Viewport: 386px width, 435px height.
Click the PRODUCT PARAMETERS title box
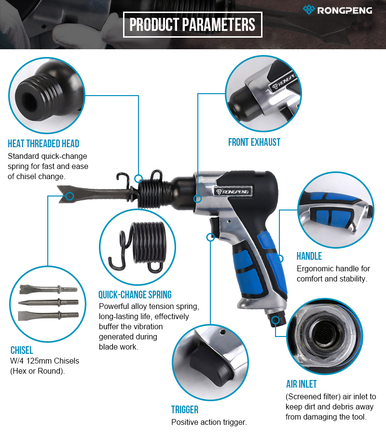(x=193, y=25)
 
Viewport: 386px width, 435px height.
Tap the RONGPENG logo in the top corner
(x=337, y=10)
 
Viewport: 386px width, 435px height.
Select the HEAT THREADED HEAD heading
(x=43, y=144)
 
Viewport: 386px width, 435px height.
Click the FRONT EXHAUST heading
(x=254, y=142)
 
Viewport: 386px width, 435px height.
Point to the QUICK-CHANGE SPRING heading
(x=135, y=295)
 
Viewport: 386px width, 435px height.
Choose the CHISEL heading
(x=22, y=350)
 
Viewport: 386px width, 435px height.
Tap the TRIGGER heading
(x=185, y=409)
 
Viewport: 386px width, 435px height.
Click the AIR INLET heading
(x=302, y=384)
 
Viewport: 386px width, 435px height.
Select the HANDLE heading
(x=309, y=256)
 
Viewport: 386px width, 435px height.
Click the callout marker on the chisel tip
(x=70, y=196)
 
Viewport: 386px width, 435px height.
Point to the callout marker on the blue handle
(x=279, y=259)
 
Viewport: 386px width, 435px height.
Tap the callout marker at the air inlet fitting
(x=276, y=320)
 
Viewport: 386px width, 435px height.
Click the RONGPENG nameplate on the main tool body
(x=233, y=192)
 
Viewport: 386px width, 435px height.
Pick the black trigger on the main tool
(x=214, y=226)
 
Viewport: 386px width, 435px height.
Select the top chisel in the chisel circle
(x=49, y=289)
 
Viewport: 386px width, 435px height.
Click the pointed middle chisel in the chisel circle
(x=49, y=302)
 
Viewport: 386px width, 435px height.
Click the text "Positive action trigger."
(x=209, y=422)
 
